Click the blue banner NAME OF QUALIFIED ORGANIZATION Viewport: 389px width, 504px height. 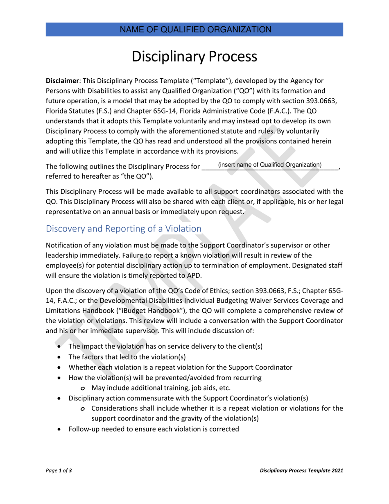click(194, 30)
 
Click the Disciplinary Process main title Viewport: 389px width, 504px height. click(194, 57)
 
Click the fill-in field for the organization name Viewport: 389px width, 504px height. click(270, 165)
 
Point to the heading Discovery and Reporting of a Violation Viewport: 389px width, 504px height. click(124, 229)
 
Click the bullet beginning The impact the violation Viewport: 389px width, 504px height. click(165, 346)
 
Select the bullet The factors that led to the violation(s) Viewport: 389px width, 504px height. click(127, 356)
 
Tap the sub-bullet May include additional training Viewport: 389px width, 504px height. click(161, 388)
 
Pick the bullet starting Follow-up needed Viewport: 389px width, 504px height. click(154, 429)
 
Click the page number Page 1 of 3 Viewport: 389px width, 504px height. click(59, 471)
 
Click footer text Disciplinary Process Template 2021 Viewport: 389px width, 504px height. click(301, 471)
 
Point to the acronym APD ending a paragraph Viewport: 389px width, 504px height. click(194, 275)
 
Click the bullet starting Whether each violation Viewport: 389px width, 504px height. click(180, 367)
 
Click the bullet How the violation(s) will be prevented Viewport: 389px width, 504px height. click(165, 377)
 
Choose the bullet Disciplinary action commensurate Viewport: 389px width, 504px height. click(188, 398)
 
